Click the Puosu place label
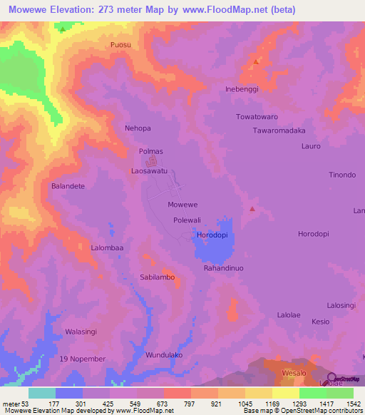click(121, 45)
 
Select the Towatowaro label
click(257, 116)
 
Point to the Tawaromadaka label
click(279, 130)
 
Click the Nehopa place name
click(138, 128)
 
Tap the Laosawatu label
click(150, 172)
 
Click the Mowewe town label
click(182, 205)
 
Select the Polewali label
click(187, 220)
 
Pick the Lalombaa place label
click(108, 247)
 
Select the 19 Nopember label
click(83, 358)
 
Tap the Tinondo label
click(341, 175)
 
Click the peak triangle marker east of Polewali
click(252, 209)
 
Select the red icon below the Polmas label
click(160, 162)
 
